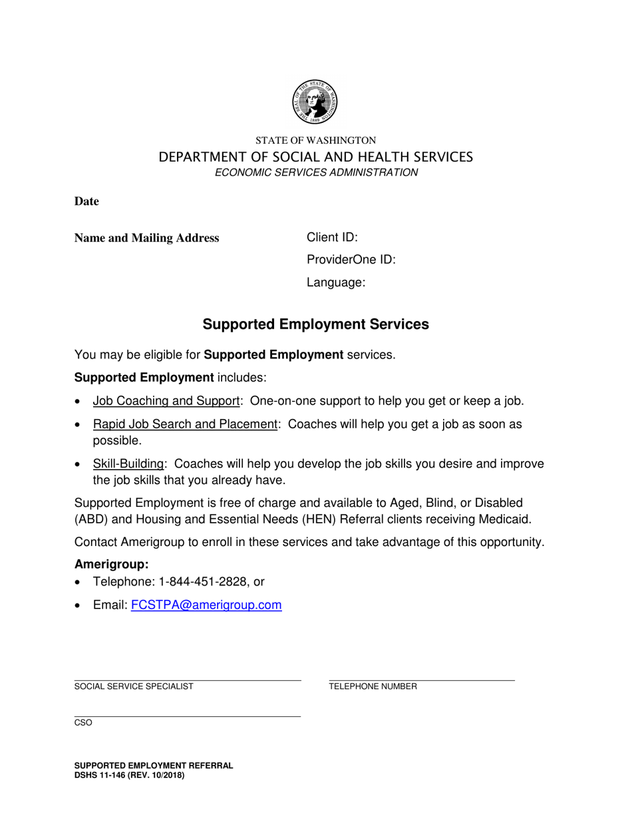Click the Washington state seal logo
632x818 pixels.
pos(315,102)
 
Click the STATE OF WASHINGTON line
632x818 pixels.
pos(316,140)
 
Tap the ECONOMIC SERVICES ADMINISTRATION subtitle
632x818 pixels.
pos(316,173)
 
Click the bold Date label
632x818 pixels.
pos(86,202)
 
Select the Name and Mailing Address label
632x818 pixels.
pos(146,238)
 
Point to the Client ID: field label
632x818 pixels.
pos(332,237)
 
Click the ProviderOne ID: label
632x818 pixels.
pos(351,260)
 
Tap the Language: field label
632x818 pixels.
pos(336,283)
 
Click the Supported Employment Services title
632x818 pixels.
pos(315,325)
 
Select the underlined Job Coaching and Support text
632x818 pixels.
pos(166,401)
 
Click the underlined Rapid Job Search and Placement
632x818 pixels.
pos(185,424)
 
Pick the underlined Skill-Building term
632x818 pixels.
pos(128,464)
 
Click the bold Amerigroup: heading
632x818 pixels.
pos(111,565)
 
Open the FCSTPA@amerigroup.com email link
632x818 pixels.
pos(206,605)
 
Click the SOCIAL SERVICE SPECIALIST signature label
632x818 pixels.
pos(134,686)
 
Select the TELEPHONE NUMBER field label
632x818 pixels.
pos(373,686)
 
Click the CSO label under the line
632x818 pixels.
pos(83,723)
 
